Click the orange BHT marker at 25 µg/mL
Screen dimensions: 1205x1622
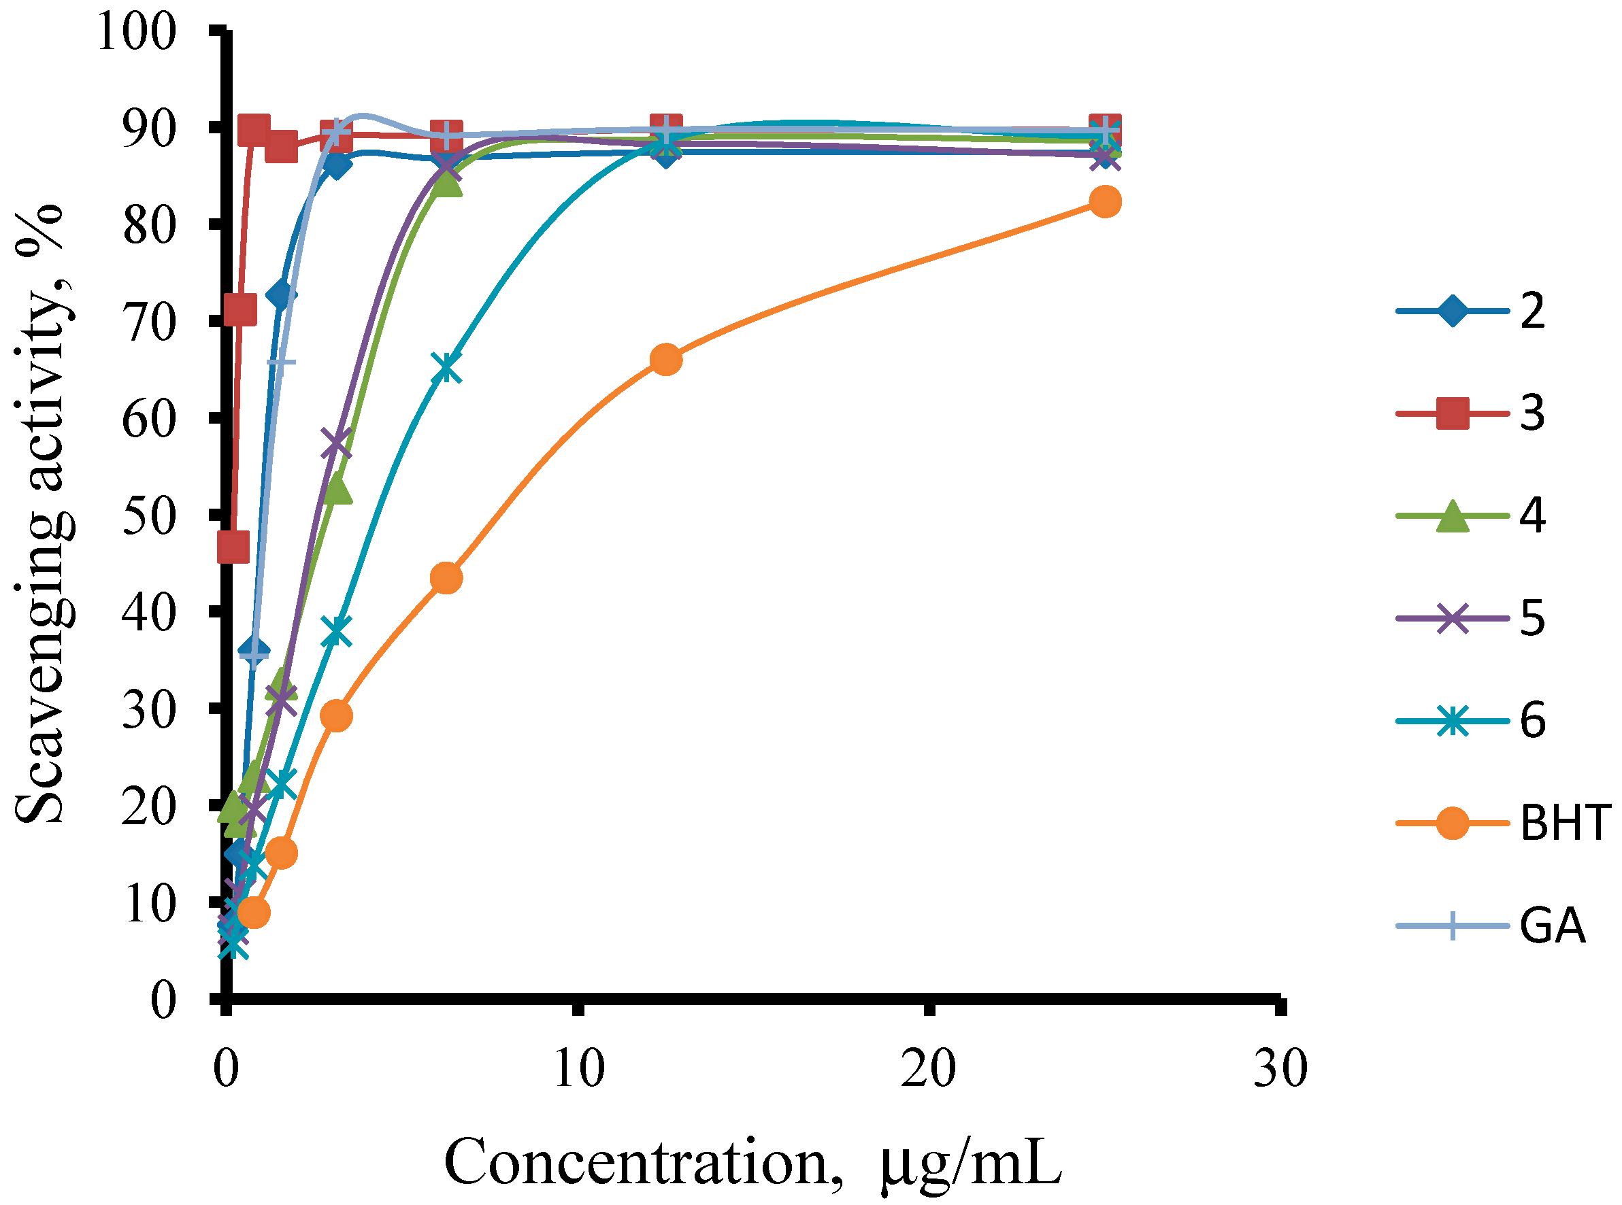pos(1105,201)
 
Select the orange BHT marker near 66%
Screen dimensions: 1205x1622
pos(665,360)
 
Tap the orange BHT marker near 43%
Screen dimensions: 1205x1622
pos(446,578)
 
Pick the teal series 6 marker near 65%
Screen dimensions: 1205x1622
pos(446,369)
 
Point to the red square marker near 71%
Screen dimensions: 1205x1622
pos(240,310)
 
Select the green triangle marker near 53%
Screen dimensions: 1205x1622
pos(336,490)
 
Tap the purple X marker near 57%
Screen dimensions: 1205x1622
pos(336,443)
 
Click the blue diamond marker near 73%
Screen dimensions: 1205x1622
pos(282,294)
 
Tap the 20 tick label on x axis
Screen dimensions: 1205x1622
pos(927,1069)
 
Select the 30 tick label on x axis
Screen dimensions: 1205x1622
pos(1280,1069)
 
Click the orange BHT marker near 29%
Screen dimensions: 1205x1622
pos(336,716)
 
